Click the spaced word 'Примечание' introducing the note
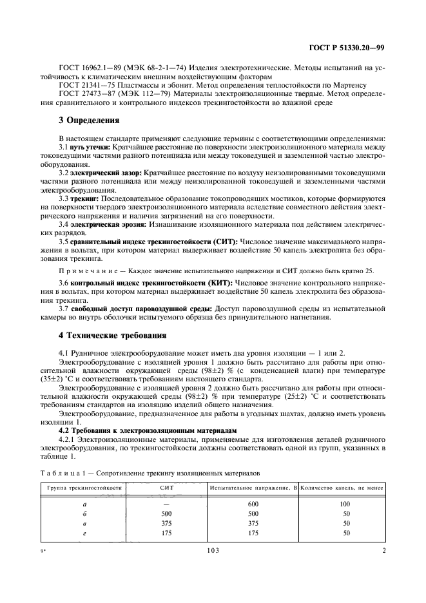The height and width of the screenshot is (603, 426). pyautogui.click(x=88, y=271)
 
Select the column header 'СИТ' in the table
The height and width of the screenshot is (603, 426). pyautogui.click(x=166, y=488)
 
